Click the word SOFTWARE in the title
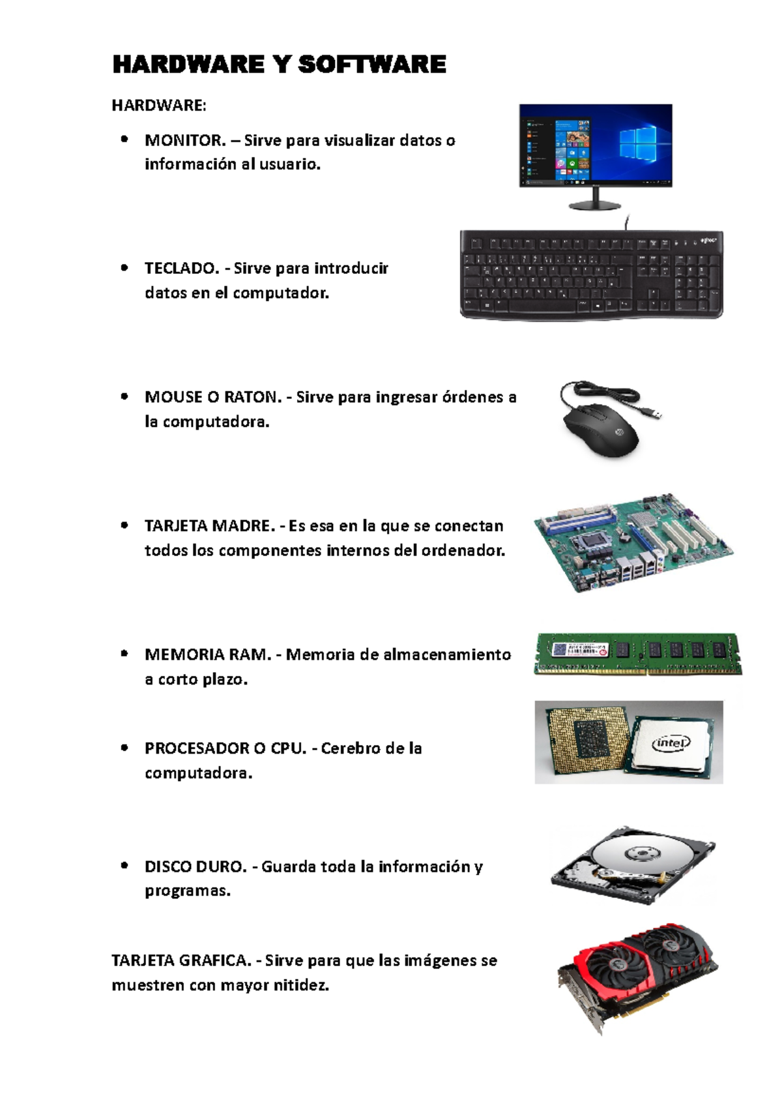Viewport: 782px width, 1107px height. (372, 65)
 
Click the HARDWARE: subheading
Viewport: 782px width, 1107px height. (159, 106)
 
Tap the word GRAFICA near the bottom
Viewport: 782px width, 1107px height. (216, 960)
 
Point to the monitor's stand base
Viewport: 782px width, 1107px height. (595, 205)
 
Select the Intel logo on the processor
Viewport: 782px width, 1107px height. (671, 743)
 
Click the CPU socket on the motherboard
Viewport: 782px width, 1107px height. (592, 542)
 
